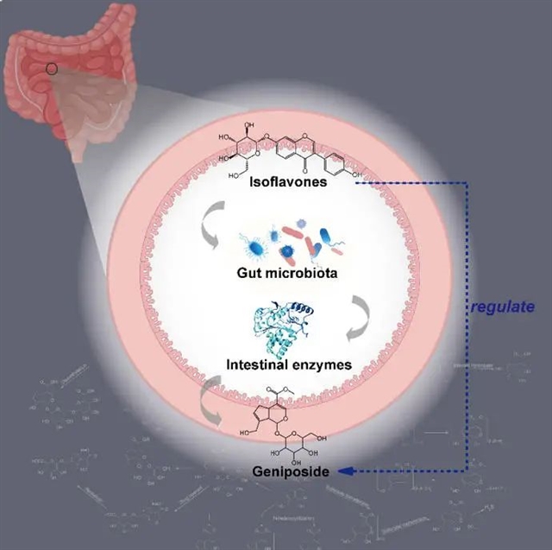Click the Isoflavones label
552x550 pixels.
[287, 182]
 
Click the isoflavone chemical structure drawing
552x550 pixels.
[285, 151]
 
